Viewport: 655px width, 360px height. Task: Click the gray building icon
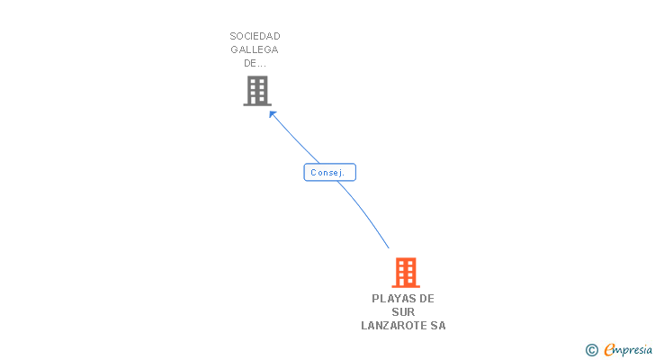coord(256,90)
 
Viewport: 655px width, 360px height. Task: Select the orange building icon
coord(406,272)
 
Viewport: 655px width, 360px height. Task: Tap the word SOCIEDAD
coord(255,36)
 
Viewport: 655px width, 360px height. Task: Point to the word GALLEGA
coord(255,49)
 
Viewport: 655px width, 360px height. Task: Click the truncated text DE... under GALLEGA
coord(255,63)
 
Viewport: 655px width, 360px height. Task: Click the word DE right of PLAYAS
coord(426,298)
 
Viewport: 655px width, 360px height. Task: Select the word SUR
coord(403,311)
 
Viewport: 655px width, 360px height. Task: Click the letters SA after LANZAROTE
coord(437,326)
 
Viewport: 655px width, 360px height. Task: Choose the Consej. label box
coord(330,172)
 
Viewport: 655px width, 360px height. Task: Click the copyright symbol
coord(591,350)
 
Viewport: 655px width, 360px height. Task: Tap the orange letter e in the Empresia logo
coord(609,350)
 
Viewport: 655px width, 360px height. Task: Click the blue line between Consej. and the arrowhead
coord(297,139)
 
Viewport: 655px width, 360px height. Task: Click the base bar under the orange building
coord(406,286)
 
